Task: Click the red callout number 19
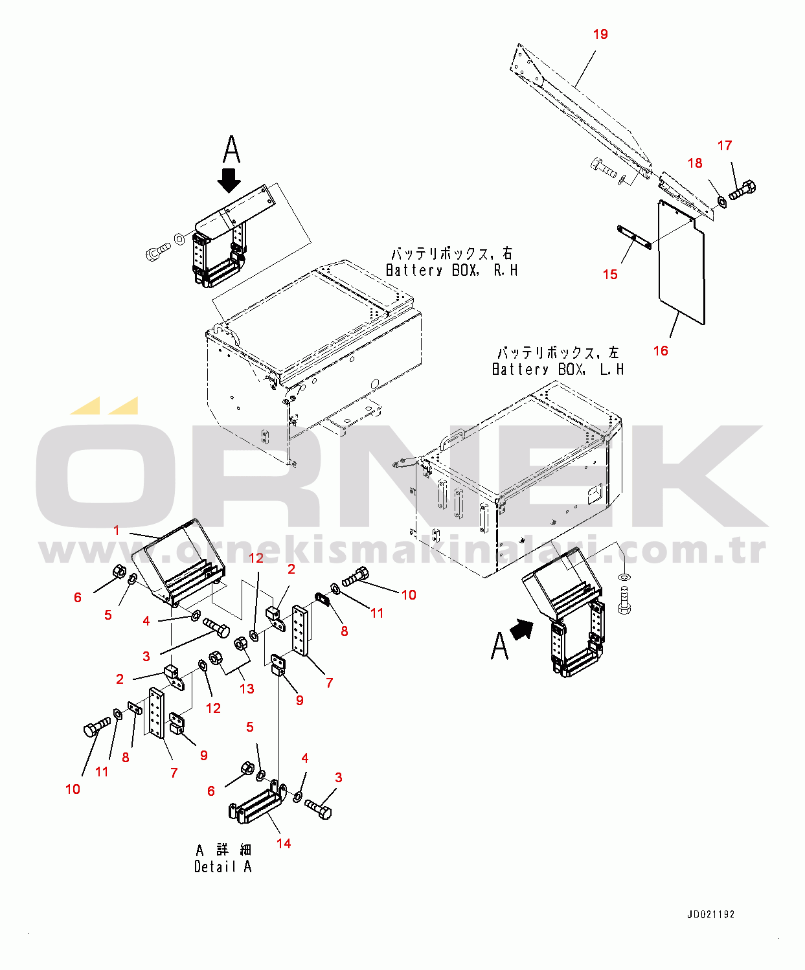pyautogui.click(x=600, y=34)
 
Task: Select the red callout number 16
pyautogui.click(x=661, y=351)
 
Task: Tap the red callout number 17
pyautogui.click(x=725, y=146)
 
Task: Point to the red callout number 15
pyautogui.click(x=610, y=275)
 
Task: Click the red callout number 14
pyautogui.click(x=284, y=843)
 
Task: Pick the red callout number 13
pyautogui.click(x=247, y=688)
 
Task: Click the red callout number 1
pyautogui.click(x=117, y=530)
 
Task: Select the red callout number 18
pyautogui.click(x=695, y=163)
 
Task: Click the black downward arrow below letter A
pyautogui.click(x=229, y=180)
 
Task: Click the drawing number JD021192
pyautogui.click(x=710, y=914)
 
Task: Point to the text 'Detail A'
pyautogui.click(x=223, y=867)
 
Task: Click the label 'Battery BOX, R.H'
pyautogui.click(x=452, y=271)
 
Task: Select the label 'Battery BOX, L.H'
pyautogui.click(x=558, y=370)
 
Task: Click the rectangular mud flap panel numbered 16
pyautogui.click(x=682, y=262)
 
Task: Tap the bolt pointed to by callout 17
pyautogui.click(x=742, y=190)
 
